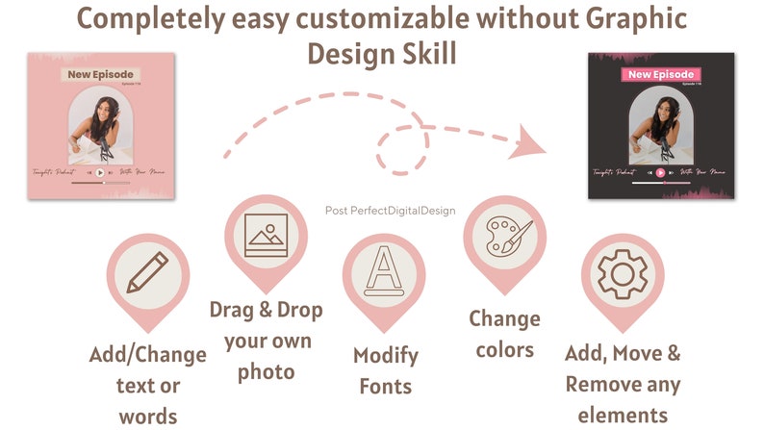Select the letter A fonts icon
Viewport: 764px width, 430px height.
pos(383,272)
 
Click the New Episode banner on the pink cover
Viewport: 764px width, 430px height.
pos(101,74)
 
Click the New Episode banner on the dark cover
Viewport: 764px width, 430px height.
pos(661,74)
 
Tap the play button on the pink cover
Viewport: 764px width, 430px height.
pos(101,173)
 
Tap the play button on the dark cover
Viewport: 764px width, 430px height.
pos(661,173)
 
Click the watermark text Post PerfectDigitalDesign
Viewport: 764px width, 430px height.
pos(391,210)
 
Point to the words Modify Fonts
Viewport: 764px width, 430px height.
pos(385,370)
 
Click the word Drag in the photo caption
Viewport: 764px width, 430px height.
pos(237,311)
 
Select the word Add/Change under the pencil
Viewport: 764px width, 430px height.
pos(148,354)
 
